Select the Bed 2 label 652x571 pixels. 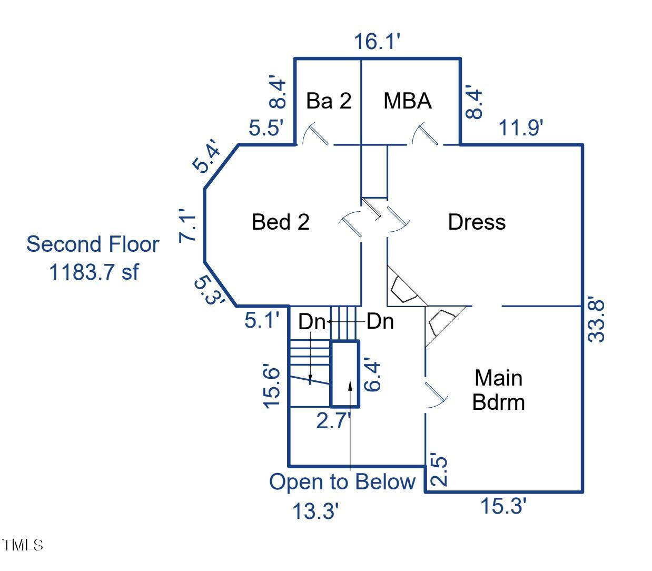coord(280,222)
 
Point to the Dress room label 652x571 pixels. coord(477,222)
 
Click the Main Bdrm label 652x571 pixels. coord(498,390)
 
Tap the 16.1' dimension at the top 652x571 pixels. coord(377,41)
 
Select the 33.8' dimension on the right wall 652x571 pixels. coord(597,321)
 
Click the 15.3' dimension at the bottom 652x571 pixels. coord(503,507)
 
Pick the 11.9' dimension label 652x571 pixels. coord(521,127)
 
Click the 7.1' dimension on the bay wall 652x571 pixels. coord(188,227)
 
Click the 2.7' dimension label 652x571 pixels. coord(333,421)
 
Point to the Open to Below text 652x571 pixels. coord(342,482)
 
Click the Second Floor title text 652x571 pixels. coord(93,244)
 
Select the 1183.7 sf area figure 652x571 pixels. coord(94,272)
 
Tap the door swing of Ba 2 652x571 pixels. coord(315,135)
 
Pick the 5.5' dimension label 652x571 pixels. coord(266,127)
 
